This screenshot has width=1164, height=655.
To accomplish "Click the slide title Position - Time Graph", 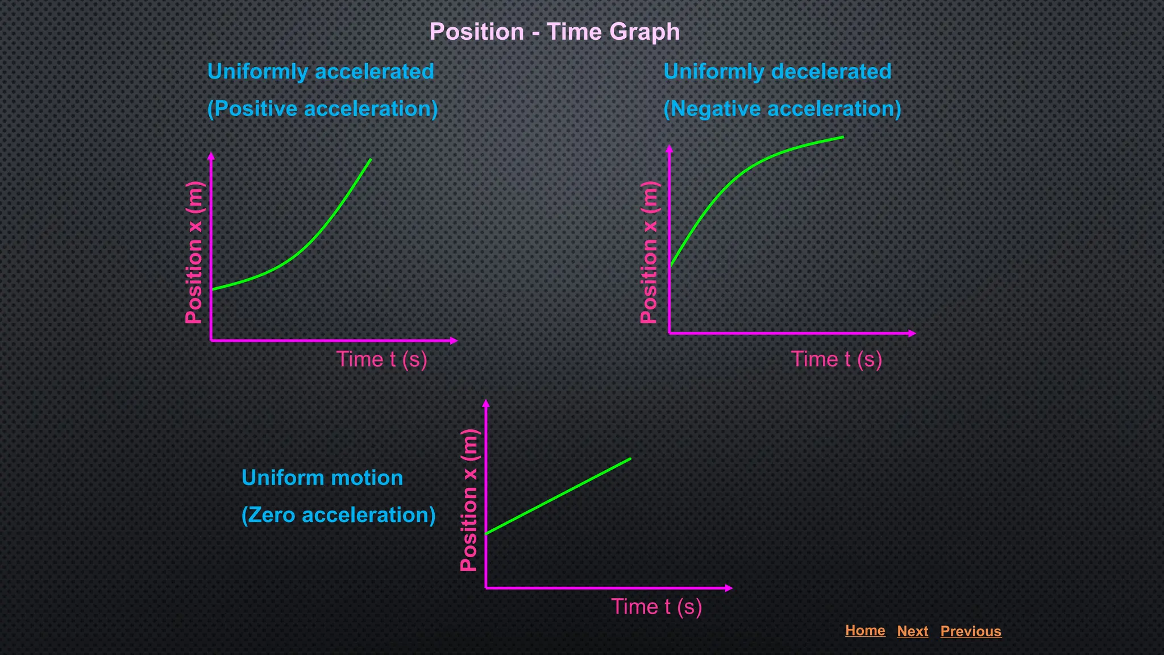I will pyautogui.click(x=554, y=32).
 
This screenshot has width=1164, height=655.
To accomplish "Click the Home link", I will pyautogui.click(x=864, y=630).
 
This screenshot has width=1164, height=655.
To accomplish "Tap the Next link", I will pyautogui.click(x=912, y=631).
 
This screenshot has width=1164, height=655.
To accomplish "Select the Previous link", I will pyautogui.click(x=970, y=631).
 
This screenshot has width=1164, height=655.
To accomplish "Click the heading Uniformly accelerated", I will pyautogui.click(x=321, y=72).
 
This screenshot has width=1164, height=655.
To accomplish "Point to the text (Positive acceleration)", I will pyautogui.click(x=322, y=109).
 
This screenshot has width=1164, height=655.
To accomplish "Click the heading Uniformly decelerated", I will pyautogui.click(x=777, y=72).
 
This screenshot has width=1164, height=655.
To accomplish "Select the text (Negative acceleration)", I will pyautogui.click(x=782, y=109).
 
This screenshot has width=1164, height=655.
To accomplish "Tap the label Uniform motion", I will pyautogui.click(x=322, y=478).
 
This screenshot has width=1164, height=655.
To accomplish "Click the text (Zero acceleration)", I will pyautogui.click(x=338, y=515).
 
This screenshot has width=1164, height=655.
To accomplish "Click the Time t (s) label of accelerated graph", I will pyautogui.click(x=381, y=359).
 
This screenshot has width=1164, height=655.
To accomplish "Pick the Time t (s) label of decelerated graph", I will pyautogui.click(x=836, y=359).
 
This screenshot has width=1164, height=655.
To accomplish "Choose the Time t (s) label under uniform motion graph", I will pyautogui.click(x=656, y=607).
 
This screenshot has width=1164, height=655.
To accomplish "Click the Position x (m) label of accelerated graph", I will pyautogui.click(x=194, y=252).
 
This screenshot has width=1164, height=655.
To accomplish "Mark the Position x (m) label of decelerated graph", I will pyautogui.click(x=649, y=252).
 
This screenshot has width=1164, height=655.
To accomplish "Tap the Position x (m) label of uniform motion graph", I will pyautogui.click(x=469, y=500).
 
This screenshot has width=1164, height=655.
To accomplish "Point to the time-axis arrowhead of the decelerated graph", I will pyautogui.click(x=912, y=333).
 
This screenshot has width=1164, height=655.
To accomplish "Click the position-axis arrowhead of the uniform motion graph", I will pyautogui.click(x=485, y=404).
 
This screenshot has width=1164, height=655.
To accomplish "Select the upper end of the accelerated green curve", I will pyautogui.click(x=369, y=161).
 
